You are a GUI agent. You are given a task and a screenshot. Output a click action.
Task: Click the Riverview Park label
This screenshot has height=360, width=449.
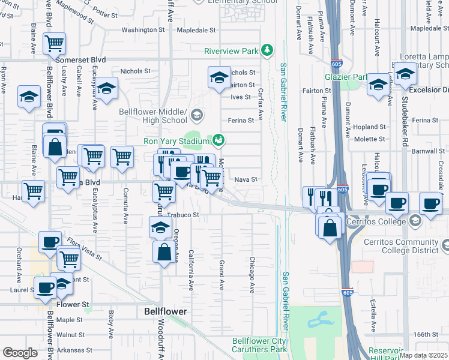(x=231, y=50)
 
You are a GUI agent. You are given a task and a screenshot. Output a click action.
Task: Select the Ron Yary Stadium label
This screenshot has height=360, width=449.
(x=177, y=141)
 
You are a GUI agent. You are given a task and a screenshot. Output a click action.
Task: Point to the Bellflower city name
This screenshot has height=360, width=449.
(x=166, y=311)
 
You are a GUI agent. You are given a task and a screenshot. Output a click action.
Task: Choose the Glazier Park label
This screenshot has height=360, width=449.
(x=346, y=77)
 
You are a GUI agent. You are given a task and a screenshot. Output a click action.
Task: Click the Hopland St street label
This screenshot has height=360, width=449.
(x=369, y=127)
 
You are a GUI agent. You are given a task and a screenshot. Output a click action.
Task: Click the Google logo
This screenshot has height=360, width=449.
(x=20, y=353)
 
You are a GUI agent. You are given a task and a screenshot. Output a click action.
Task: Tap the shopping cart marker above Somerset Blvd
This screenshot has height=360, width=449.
(x=54, y=43)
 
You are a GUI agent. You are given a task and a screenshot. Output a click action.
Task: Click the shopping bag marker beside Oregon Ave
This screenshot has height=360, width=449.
(x=164, y=252)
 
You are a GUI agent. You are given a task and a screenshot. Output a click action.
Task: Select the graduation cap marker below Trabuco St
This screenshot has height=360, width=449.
(x=160, y=227)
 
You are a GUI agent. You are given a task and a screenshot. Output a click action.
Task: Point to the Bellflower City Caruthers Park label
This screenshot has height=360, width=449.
(x=260, y=344)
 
